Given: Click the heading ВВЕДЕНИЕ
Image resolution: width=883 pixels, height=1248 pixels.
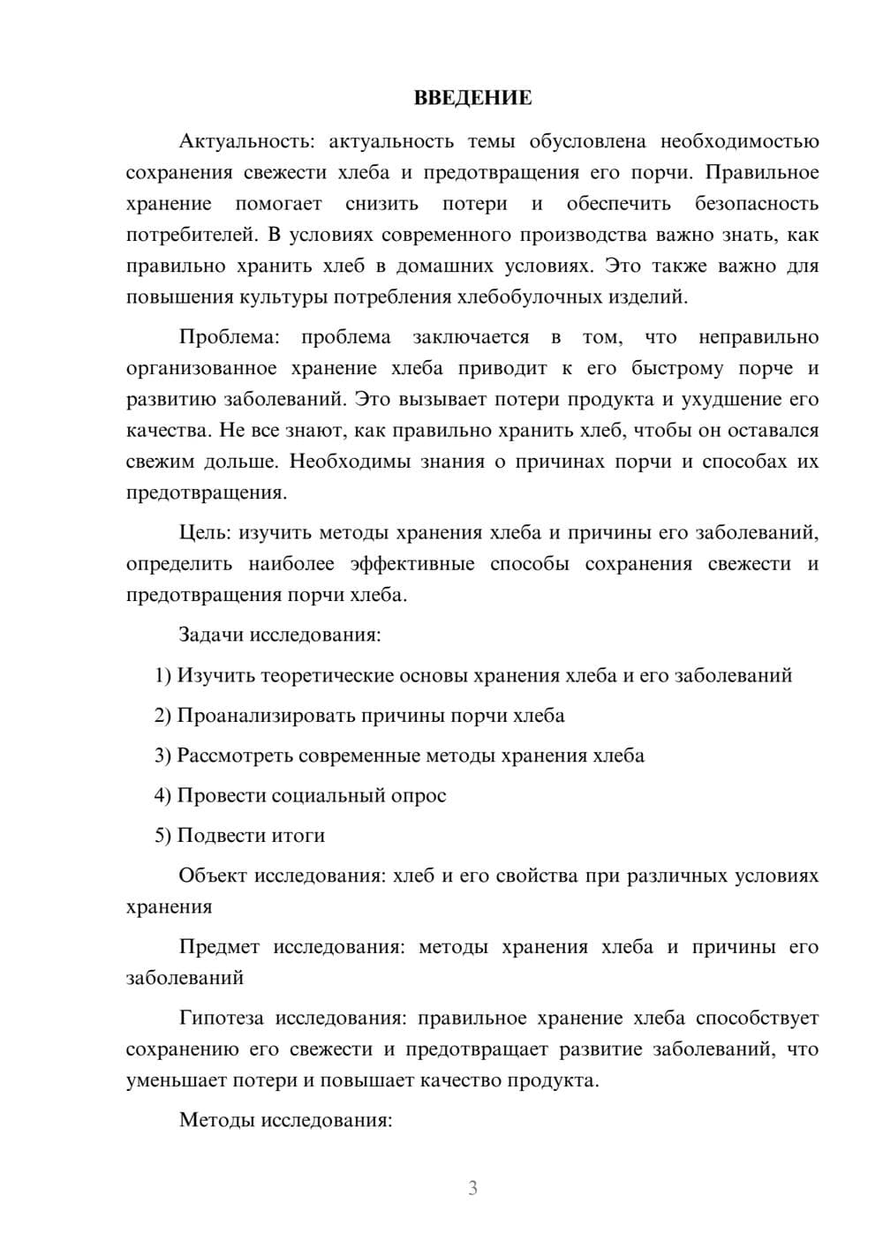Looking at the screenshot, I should [472, 98].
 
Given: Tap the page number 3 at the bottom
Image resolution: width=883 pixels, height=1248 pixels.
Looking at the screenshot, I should [472, 1188].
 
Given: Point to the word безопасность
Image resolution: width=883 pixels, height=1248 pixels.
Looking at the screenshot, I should [757, 204].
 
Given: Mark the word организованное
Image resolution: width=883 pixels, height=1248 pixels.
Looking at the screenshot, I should [201, 368].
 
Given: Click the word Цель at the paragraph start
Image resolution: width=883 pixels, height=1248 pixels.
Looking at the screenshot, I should [205, 532].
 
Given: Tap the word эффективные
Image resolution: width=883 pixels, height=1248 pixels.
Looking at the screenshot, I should [411, 563].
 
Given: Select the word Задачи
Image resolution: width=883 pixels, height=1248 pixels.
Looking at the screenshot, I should [212, 635].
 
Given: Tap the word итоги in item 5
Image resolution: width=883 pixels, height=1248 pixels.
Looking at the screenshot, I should [297, 835].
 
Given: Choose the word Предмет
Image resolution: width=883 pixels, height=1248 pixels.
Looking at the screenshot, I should [219, 947].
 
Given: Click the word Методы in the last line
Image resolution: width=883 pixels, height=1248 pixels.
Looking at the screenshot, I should [215, 1120].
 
